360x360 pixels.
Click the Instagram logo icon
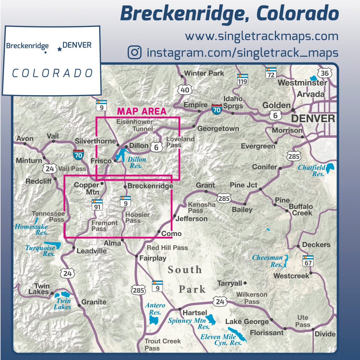point(135,52)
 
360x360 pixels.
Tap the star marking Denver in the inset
point(60,49)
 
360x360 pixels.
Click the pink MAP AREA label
point(142,111)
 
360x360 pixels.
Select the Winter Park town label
point(204,73)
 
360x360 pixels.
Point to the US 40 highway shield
point(185,90)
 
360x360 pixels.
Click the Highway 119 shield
point(242,80)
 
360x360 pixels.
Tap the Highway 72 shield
point(271,73)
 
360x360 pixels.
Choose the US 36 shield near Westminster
point(324,73)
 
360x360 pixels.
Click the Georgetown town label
point(218,128)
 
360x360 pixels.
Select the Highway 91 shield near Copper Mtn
point(97,205)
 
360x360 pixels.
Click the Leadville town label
point(92,251)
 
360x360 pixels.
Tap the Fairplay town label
point(153,258)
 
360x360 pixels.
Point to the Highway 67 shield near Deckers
point(308,261)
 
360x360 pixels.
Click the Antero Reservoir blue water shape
point(154,320)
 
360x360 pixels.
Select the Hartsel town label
point(195,313)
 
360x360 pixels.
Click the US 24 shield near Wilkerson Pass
point(220,302)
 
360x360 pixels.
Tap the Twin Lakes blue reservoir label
point(63,304)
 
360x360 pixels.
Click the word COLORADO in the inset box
point(52,73)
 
